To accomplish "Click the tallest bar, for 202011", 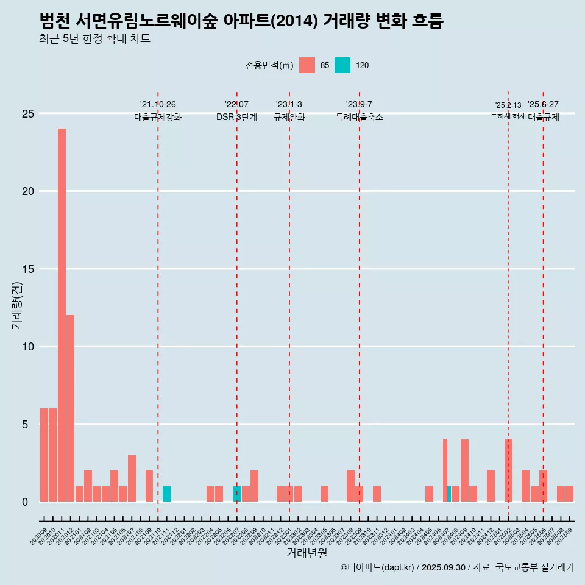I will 62,315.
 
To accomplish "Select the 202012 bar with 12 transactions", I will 71,408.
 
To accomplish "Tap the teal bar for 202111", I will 166,494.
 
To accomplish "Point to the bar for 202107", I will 132,478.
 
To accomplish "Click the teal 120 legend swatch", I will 342,65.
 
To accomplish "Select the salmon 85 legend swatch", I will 307,65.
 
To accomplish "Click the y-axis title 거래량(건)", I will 17,307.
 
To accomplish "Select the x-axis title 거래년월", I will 307,553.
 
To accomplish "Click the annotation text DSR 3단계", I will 236,118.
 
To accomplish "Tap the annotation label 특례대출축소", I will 360,118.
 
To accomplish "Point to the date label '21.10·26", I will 158,105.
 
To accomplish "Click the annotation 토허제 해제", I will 508,116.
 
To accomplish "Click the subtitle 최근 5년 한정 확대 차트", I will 94,39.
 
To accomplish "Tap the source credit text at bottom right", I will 457,567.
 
